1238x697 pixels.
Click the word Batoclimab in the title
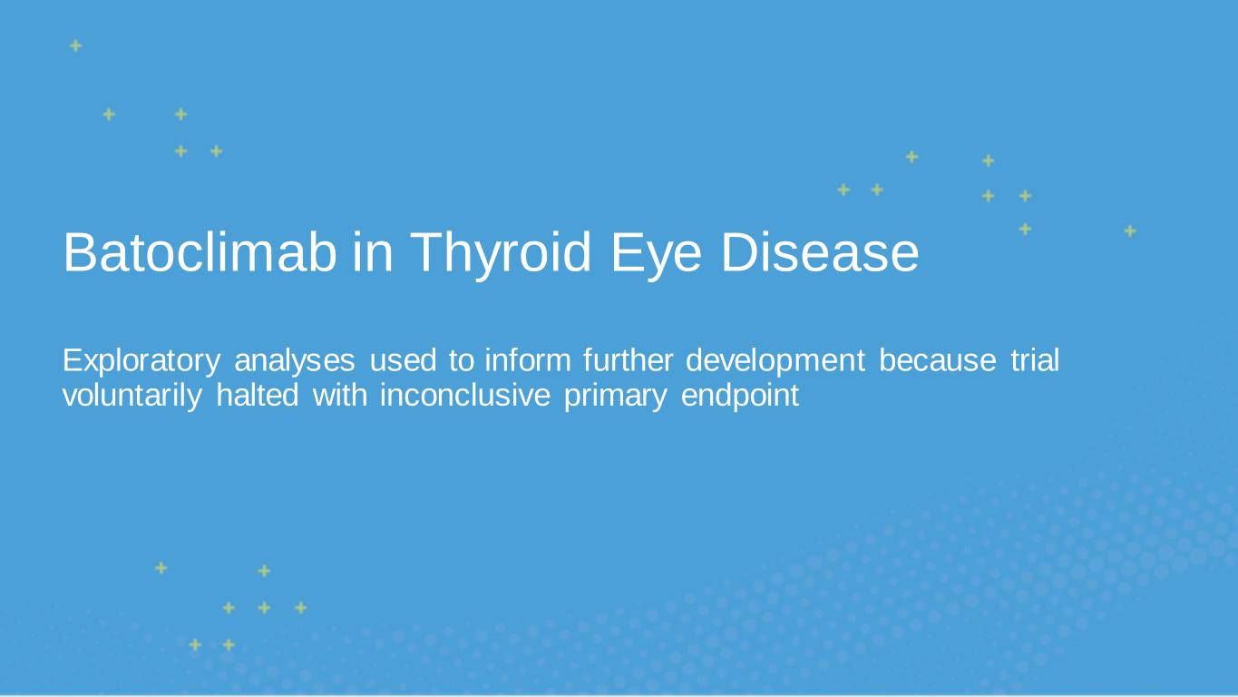[x=200, y=252]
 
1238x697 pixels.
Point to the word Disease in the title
[x=820, y=252]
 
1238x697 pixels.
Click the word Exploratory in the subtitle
[x=141, y=361]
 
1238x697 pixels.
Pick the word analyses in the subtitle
[x=295, y=361]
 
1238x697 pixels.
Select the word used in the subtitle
[x=403, y=360]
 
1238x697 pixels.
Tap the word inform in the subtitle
[x=528, y=360]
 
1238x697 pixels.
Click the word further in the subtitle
[x=629, y=360]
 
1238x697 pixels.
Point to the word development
[x=775, y=361]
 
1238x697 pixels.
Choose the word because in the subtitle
[x=938, y=360]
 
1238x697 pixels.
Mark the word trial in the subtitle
[x=1035, y=360]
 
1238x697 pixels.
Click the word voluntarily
[x=132, y=396]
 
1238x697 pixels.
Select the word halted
[x=258, y=395]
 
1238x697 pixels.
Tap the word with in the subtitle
[x=340, y=395]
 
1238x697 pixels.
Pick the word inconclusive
[x=465, y=395]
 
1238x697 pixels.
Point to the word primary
[x=616, y=396]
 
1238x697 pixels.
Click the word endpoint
[x=740, y=396]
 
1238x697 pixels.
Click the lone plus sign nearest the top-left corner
[x=75, y=45]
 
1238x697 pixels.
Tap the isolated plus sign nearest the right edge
[x=1130, y=231]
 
